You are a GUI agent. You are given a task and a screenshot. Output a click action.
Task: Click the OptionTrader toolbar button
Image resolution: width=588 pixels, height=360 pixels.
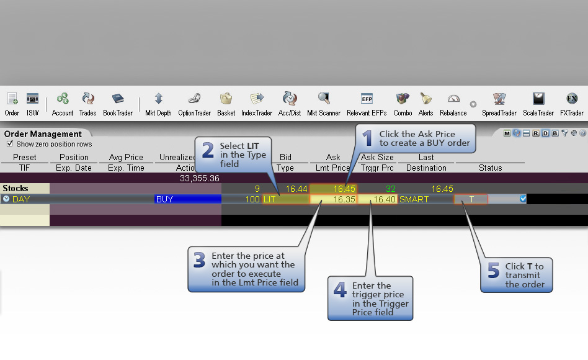(x=194, y=104)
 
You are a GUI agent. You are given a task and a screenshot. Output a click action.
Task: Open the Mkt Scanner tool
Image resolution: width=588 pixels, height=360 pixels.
(x=324, y=104)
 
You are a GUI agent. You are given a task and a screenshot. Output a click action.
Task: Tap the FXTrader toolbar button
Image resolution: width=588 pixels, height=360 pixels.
(x=571, y=104)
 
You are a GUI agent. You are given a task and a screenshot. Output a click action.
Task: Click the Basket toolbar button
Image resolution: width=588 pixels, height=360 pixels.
(x=226, y=104)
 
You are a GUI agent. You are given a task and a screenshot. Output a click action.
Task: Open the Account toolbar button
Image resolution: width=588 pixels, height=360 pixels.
(x=63, y=104)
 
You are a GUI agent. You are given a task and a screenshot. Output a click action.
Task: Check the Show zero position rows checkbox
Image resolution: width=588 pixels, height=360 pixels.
(x=10, y=144)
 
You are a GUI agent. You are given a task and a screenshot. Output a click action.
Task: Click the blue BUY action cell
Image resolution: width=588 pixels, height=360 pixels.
(x=188, y=199)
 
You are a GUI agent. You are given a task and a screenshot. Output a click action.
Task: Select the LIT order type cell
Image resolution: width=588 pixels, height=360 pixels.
(x=286, y=199)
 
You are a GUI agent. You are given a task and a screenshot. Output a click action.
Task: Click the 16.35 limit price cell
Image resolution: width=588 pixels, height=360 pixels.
(x=333, y=199)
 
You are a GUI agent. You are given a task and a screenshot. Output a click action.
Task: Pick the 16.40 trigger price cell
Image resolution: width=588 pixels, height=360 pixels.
(x=377, y=199)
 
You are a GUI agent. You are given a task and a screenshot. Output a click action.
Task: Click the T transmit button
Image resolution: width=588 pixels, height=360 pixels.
(x=471, y=199)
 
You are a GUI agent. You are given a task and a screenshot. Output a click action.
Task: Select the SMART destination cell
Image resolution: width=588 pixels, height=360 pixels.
(x=414, y=199)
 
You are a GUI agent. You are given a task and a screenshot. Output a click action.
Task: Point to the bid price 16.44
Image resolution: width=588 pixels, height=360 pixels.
(x=296, y=189)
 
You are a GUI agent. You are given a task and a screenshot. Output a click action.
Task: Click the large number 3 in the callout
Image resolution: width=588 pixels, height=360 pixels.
(x=200, y=260)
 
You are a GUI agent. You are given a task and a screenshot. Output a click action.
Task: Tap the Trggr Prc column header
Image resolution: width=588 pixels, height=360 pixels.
(x=377, y=168)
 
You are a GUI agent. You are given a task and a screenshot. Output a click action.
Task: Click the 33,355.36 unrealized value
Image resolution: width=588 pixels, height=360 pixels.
(x=200, y=178)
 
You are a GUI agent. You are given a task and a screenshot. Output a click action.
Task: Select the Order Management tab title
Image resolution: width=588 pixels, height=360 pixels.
(x=43, y=134)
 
